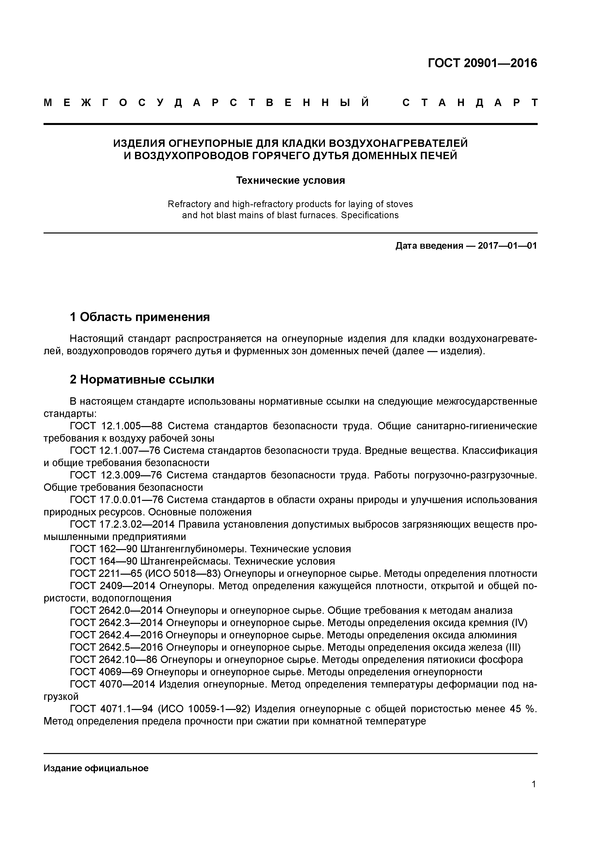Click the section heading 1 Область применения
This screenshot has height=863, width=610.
(x=139, y=317)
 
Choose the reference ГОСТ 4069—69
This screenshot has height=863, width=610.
(x=106, y=672)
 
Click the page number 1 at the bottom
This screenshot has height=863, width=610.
(x=534, y=795)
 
